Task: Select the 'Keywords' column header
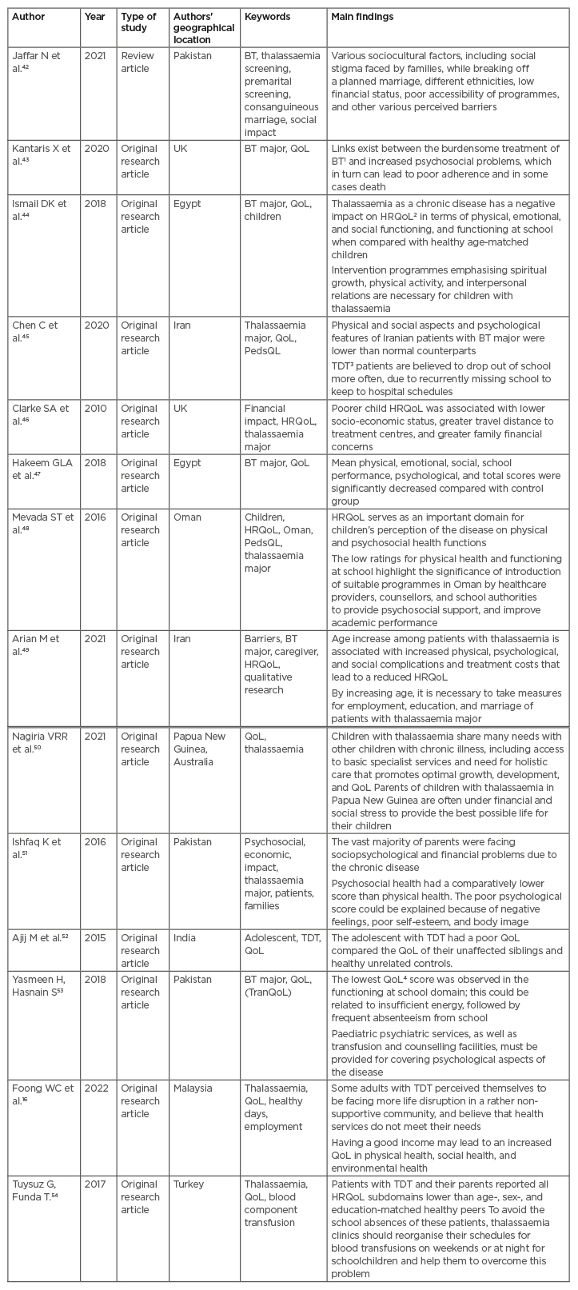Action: (x=267, y=17)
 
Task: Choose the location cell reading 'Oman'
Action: (x=185, y=517)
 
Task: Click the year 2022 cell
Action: (x=95, y=1088)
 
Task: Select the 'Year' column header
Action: (x=94, y=17)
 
